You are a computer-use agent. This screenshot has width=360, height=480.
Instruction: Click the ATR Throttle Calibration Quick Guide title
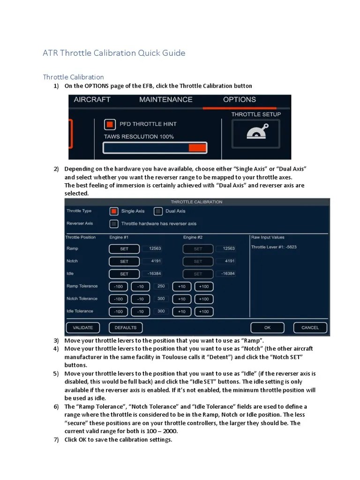[114, 53]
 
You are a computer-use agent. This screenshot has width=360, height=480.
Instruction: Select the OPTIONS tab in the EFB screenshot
[239, 99]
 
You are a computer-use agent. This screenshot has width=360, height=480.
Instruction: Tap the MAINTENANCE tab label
[165, 99]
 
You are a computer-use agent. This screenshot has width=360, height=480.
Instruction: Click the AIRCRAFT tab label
[92, 99]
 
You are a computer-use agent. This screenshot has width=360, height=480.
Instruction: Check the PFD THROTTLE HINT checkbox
[110, 124]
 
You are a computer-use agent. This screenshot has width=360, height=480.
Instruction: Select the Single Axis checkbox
[113, 211]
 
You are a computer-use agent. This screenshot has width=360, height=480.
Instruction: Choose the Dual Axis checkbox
[158, 211]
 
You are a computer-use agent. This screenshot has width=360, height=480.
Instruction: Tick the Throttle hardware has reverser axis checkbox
[113, 224]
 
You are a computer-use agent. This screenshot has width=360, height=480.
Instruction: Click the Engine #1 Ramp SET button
[124, 249]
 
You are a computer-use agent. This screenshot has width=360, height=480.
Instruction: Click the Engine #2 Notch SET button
[198, 262]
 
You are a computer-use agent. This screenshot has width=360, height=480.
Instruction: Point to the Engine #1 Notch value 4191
[154, 261]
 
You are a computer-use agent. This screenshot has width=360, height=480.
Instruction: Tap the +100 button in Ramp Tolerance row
[204, 286]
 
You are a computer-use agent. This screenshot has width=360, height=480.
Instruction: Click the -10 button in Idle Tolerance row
[140, 312]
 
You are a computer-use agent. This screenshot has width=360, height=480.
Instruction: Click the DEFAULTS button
[126, 328]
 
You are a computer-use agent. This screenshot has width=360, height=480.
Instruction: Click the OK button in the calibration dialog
[267, 328]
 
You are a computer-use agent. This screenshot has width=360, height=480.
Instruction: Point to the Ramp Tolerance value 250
[161, 286]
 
